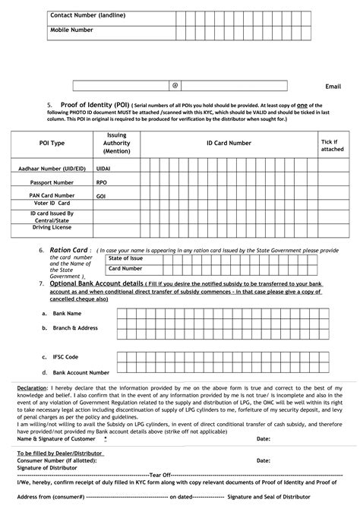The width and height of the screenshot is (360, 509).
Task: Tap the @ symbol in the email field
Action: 175,86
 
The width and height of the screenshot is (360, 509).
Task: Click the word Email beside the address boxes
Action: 333,87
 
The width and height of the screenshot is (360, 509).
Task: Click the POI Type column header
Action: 52,142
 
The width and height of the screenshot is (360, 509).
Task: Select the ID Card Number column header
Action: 229,142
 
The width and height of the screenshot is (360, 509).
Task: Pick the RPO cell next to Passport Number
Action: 101,183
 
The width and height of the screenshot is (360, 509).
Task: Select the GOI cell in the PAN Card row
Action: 100,195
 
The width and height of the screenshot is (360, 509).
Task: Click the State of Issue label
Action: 126,258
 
